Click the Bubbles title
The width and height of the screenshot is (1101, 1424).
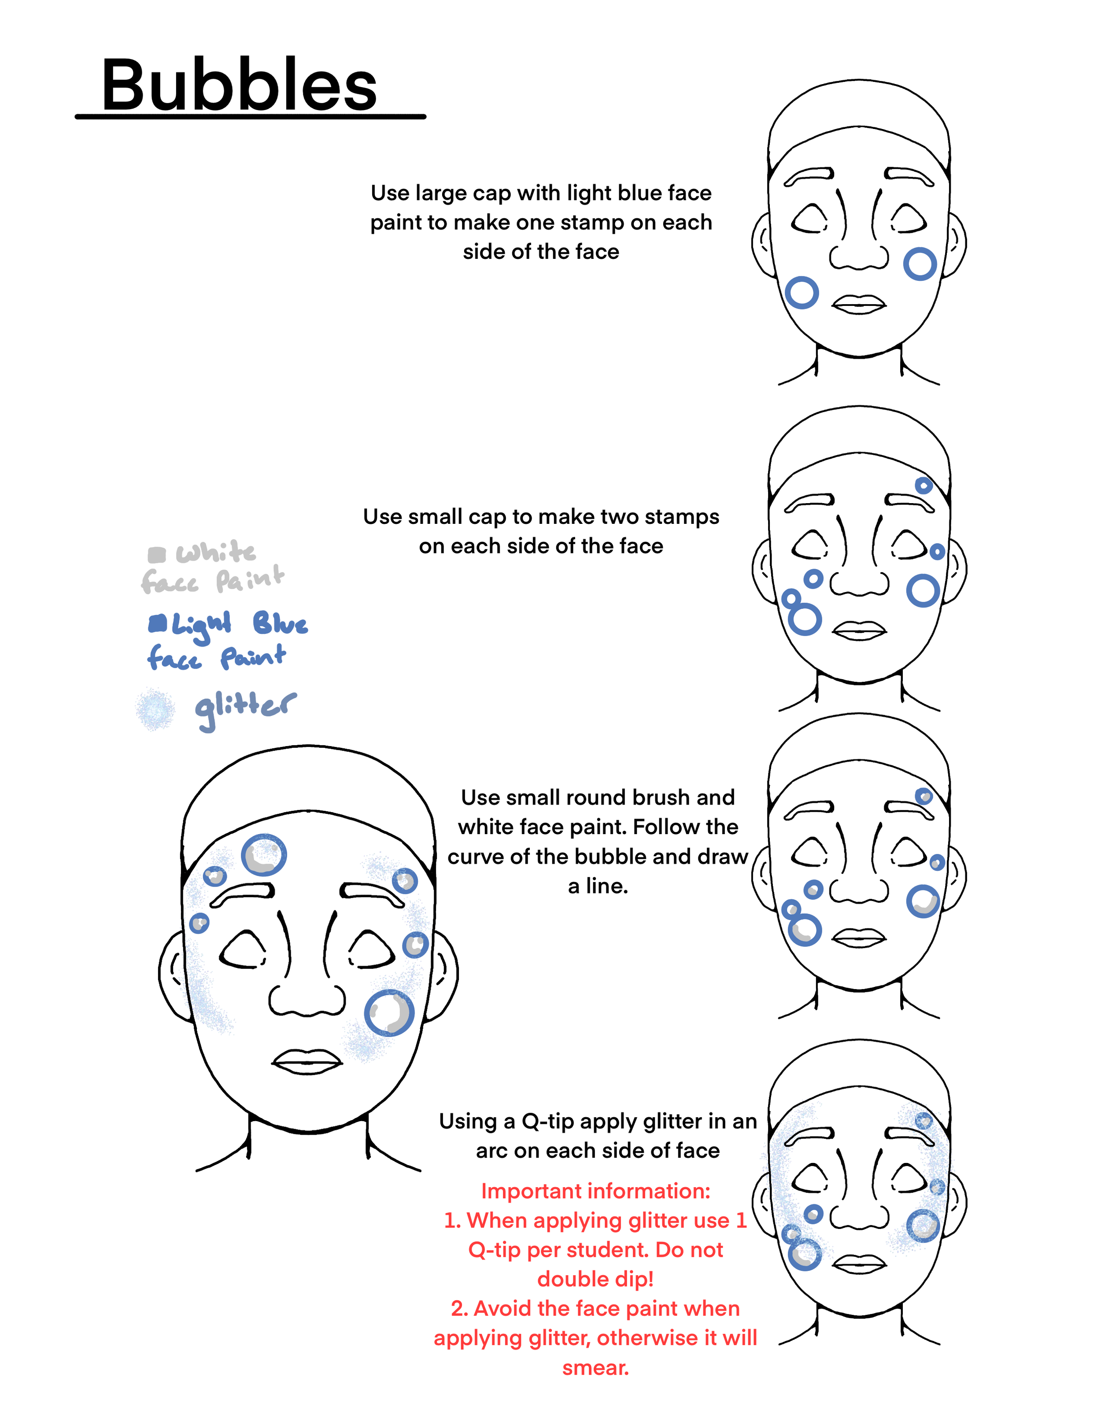point(240,85)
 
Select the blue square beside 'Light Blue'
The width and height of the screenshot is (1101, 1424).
point(157,624)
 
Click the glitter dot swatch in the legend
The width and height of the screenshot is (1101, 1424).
point(155,710)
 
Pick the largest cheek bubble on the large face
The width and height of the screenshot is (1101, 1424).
point(389,1012)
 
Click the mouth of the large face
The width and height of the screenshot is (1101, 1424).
point(307,1061)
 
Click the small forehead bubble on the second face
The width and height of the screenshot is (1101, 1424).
point(924,485)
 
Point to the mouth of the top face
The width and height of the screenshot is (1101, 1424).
point(859,305)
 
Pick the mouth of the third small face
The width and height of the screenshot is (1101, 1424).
point(859,938)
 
